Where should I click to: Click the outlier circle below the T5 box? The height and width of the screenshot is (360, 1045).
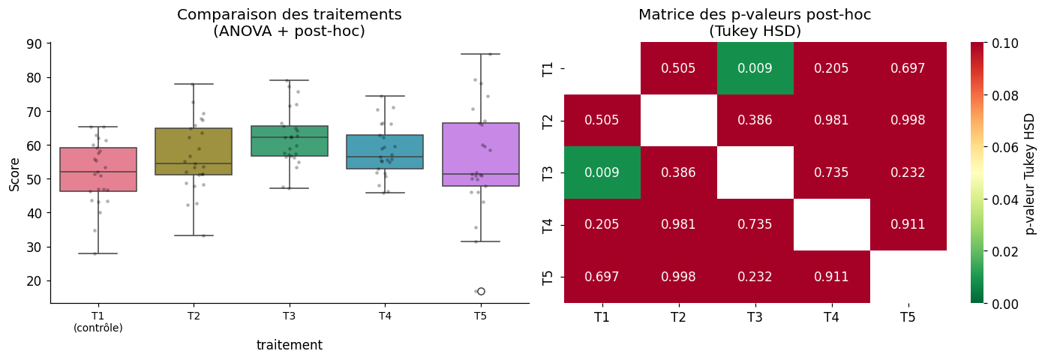click(481, 291)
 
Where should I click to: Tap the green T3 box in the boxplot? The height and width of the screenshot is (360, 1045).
click(289, 141)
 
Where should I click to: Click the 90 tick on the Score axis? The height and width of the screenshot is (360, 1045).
click(35, 43)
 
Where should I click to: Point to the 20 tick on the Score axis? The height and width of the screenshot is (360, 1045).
click(35, 281)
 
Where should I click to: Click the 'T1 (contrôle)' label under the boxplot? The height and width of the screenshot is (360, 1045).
click(98, 322)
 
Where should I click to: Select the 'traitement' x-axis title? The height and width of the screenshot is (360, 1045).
click(289, 345)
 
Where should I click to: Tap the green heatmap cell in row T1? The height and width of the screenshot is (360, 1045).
click(755, 68)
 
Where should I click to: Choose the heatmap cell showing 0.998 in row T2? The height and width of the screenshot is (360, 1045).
click(908, 120)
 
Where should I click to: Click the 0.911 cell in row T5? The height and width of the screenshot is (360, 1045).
click(831, 277)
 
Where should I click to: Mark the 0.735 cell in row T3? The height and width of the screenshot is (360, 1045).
click(831, 172)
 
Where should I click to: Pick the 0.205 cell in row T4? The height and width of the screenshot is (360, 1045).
click(602, 224)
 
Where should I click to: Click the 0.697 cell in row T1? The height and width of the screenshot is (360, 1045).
click(908, 68)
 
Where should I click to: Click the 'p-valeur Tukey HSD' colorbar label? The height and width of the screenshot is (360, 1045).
click(1030, 173)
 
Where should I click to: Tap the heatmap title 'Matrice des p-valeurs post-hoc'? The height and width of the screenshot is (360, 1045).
click(755, 15)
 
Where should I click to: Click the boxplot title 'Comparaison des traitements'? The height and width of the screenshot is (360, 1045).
click(289, 15)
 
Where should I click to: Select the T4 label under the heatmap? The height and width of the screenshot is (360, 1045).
click(831, 317)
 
